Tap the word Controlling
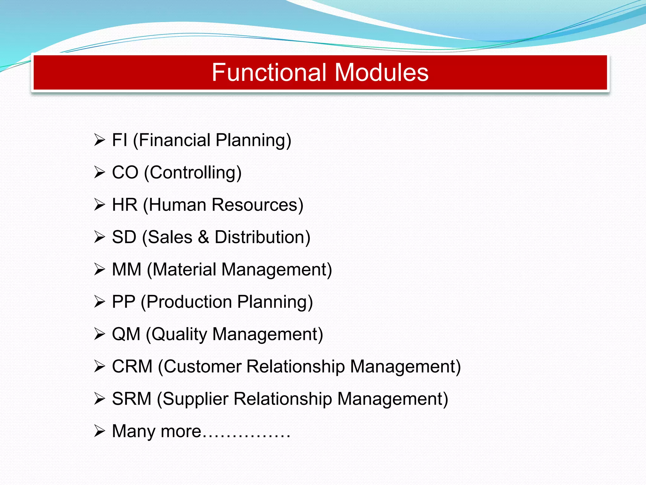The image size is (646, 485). (193, 173)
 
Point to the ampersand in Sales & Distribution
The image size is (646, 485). (203, 237)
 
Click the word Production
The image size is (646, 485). (189, 302)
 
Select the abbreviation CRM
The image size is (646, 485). (132, 367)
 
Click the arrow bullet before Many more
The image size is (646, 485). (99, 431)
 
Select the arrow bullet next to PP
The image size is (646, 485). (99, 302)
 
